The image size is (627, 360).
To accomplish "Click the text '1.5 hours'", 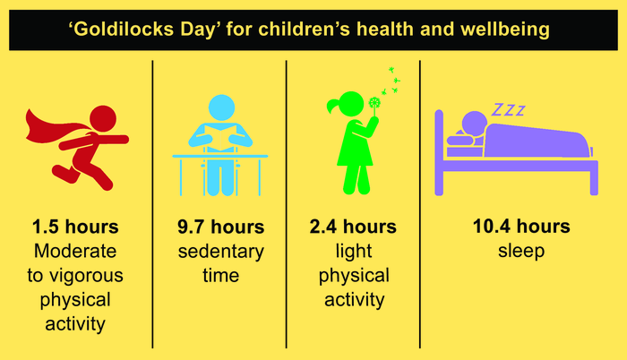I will [x=74, y=227].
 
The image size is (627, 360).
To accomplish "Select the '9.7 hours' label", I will [x=219, y=227].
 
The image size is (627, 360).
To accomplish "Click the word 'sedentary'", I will [x=219, y=252].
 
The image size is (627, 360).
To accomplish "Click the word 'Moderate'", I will [x=74, y=252].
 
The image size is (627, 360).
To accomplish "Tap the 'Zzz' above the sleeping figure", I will [x=507, y=110].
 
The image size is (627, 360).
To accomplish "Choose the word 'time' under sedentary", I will [x=219, y=275].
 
